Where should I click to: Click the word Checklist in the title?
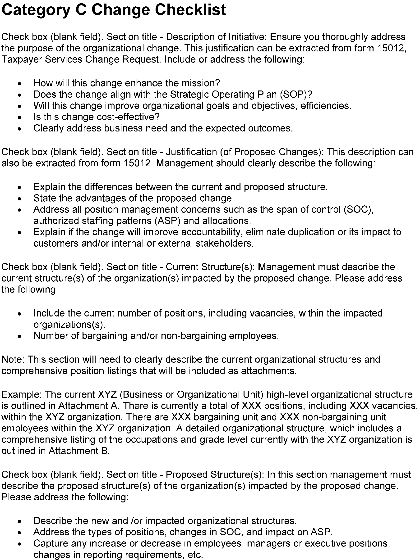[190, 10]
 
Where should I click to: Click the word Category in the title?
[36, 10]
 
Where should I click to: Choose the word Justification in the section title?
[191, 152]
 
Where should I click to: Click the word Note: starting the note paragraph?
[13, 360]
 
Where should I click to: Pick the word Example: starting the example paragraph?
[21, 394]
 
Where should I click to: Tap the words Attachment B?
[79, 451]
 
